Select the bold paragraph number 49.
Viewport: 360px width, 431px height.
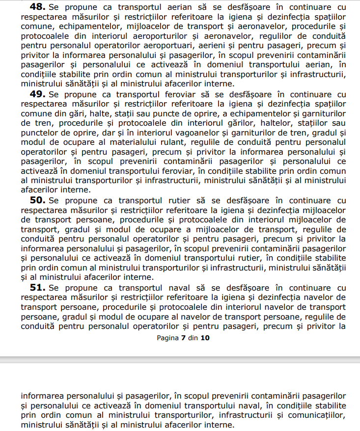click(x=38, y=94)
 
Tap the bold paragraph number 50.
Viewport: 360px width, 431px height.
click(x=38, y=200)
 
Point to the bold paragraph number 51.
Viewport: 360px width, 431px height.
click(x=38, y=287)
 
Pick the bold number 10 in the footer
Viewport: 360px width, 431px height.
click(x=205, y=338)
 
